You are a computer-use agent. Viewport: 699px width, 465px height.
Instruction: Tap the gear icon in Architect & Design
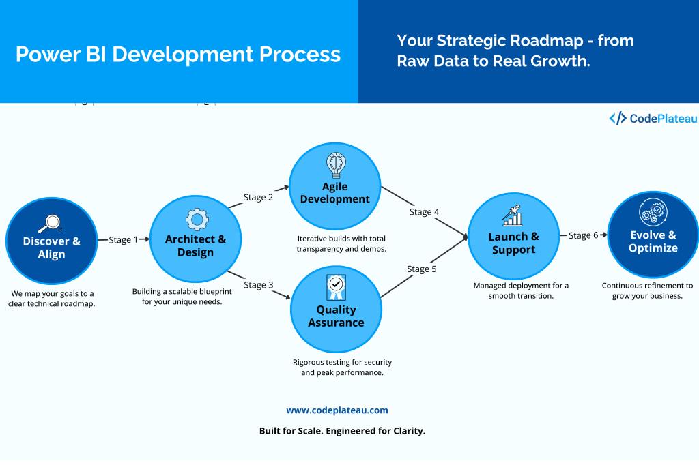click(197, 220)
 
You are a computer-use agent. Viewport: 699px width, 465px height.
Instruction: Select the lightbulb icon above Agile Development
click(335, 165)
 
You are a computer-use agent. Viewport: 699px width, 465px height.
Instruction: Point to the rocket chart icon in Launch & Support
click(513, 215)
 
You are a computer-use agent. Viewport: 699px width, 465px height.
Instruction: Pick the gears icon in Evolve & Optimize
click(653, 213)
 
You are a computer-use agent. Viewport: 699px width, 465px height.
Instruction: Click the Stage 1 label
click(123, 239)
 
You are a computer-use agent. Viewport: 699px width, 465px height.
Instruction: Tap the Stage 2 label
click(258, 197)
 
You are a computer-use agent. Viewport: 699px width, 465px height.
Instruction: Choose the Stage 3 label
click(259, 285)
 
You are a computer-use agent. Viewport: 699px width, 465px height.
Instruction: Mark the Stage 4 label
click(424, 212)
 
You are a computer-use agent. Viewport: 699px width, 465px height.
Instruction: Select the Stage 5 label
click(422, 269)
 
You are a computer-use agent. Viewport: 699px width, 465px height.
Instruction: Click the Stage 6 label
click(583, 235)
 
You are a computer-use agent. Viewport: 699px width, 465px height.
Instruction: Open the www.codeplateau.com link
click(337, 410)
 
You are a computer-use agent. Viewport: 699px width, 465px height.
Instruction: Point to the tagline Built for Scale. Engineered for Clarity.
click(342, 431)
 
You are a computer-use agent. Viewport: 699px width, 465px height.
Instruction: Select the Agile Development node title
click(335, 193)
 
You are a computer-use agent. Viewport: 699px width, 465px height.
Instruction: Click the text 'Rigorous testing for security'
click(342, 362)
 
